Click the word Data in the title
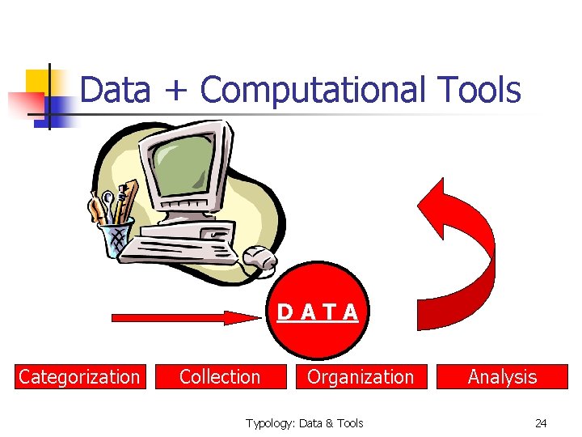pos(116,90)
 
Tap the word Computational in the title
pos(312,90)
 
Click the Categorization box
pos(79,377)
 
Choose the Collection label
pos(220,377)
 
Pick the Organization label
pos(361,377)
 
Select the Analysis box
pos(502,377)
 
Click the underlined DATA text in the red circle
pos(318,312)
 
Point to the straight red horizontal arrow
pos(186,318)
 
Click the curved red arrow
pos(465,243)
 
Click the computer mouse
pos(260,258)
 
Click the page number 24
pos(541,423)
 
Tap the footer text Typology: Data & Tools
pos(305,423)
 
